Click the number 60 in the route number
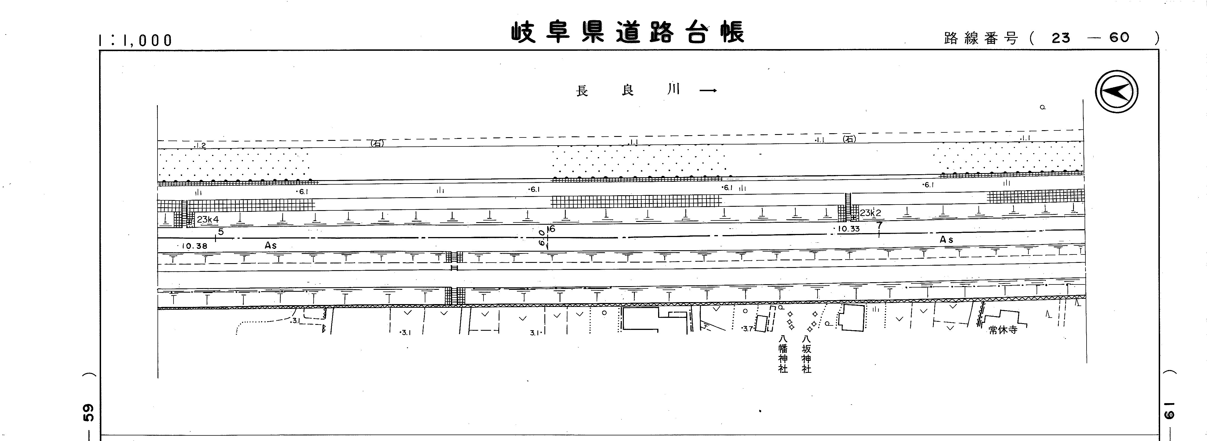(x=1119, y=38)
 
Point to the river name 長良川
(x=628, y=90)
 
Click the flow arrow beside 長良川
(x=708, y=90)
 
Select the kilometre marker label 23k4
(x=207, y=219)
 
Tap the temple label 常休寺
(x=1003, y=330)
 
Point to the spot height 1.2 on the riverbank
(x=200, y=146)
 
